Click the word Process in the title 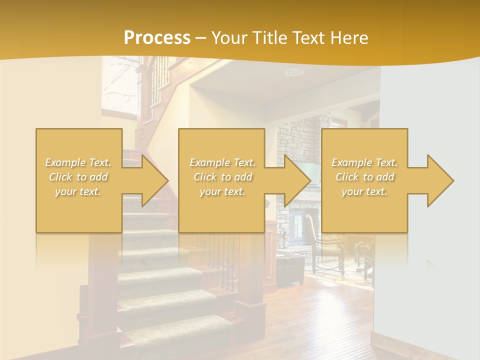[157, 37]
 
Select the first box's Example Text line [78, 162]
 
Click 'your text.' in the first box [78, 191]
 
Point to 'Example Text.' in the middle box [222, 162]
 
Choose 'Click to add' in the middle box [222, 177]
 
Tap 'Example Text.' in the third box [364, 162]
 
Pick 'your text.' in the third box [364, 191]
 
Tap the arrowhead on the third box [438, 180]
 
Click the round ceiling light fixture [294, 72]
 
